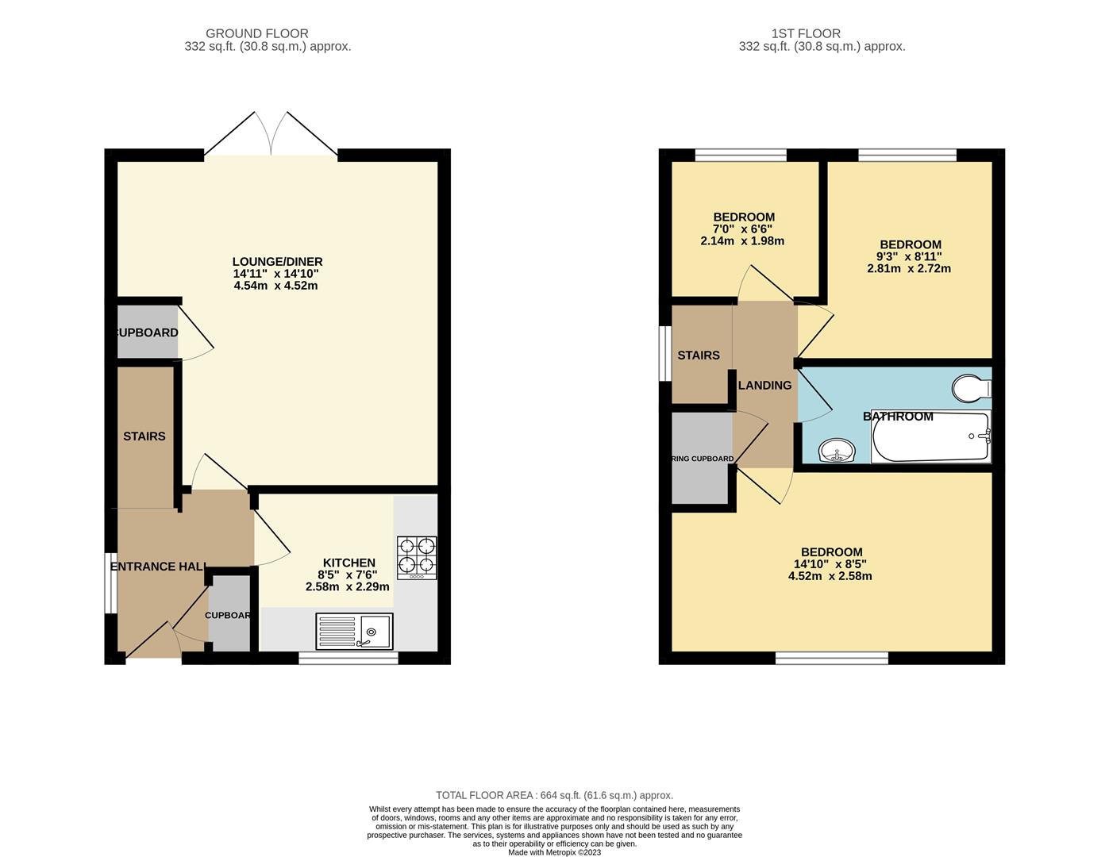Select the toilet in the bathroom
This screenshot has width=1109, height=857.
click(x=971, y=389)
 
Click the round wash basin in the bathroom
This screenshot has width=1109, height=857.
click(x=836, y=451)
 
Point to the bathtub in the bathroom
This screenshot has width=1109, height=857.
click(x=931, y=437)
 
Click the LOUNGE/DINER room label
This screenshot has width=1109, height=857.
click(x=277, y=262)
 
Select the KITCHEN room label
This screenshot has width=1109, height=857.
click(x=348, y=563)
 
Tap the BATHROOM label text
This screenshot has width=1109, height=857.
click(x=898, y=417)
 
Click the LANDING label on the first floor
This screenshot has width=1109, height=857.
click(x=764, y=386)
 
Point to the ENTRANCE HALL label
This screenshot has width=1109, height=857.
click(x=159, y=567)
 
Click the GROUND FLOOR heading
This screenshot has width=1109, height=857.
click(x=256, y=33)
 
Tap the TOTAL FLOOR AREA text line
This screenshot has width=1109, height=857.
click(x=554, y=795)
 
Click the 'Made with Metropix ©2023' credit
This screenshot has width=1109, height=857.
click(x=554, y=853)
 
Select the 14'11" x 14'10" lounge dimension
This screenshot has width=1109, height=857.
click(x=275, y=274)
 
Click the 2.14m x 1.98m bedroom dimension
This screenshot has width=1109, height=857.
click(x=742, y=240)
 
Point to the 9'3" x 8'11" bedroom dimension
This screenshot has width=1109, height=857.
click(x=910, y=256)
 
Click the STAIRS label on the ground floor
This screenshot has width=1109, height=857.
click(x=144, y=436)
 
